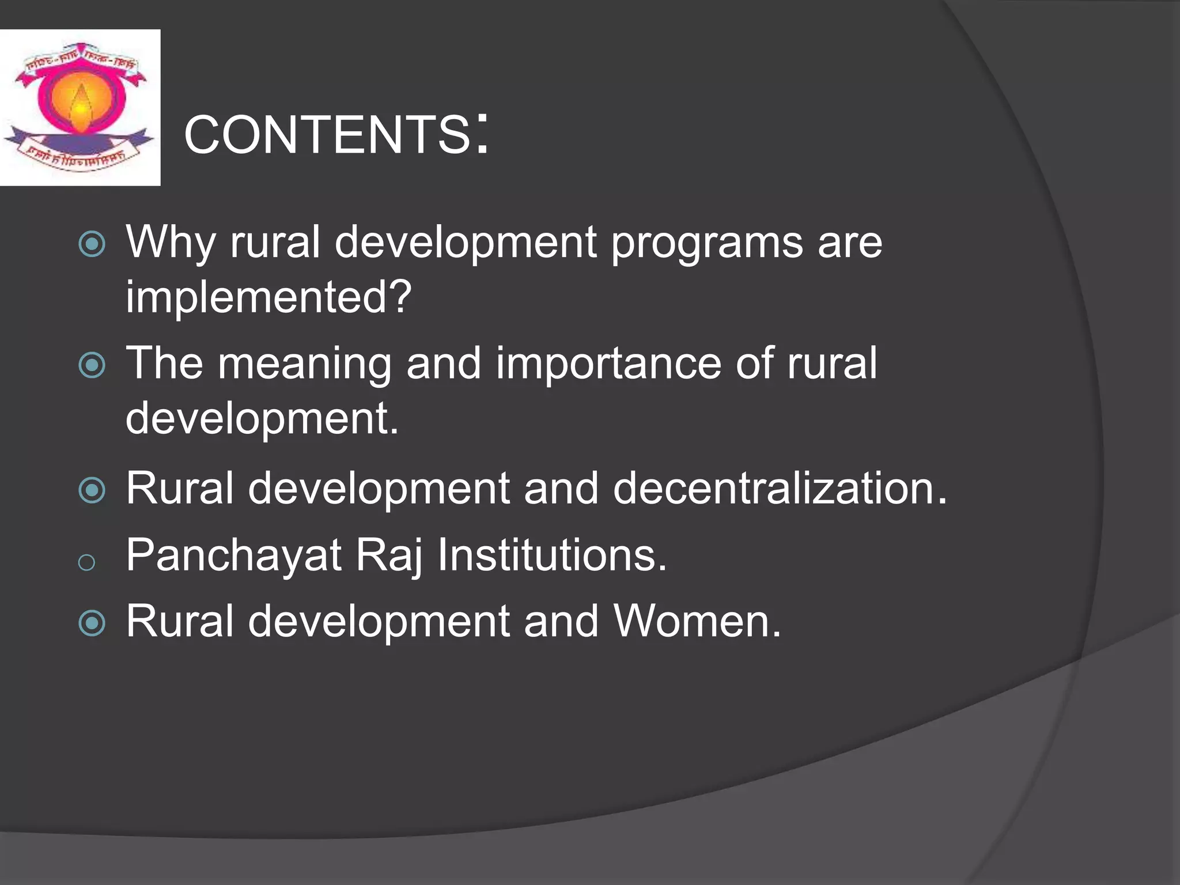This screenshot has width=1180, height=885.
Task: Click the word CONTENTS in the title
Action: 327,135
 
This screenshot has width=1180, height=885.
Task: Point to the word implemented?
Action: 268,297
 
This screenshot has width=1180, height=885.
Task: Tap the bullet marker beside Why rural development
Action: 92,244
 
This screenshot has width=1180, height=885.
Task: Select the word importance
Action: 608,364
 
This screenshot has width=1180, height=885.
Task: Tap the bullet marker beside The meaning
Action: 92,365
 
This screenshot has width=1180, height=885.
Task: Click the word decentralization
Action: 779,488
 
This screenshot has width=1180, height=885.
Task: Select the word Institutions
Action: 551,555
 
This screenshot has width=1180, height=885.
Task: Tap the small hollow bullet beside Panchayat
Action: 86,562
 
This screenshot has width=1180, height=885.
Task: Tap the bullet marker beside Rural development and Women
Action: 92,623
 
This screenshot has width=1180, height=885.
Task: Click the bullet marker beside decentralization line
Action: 92,490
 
